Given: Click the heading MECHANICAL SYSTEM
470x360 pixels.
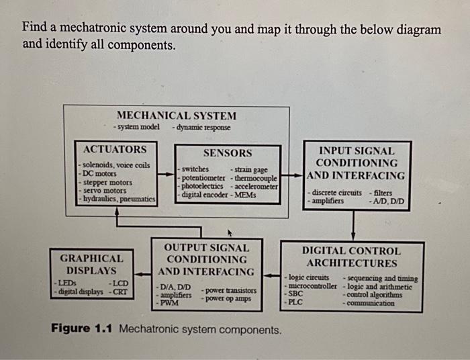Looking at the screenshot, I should [177, 116].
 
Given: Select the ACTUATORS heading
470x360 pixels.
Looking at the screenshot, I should [113, 148].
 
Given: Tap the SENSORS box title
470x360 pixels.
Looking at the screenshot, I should [228, 153].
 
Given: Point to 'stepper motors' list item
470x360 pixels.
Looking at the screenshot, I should [107, 182].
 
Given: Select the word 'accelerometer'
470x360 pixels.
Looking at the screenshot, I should [256, 186].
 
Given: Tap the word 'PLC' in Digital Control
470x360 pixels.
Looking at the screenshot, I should [295, 302].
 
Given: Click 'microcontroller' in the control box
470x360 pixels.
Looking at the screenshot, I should [312, 285].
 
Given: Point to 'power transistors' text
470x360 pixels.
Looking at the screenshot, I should [230, 291].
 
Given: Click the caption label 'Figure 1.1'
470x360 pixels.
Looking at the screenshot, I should [80, 330].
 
